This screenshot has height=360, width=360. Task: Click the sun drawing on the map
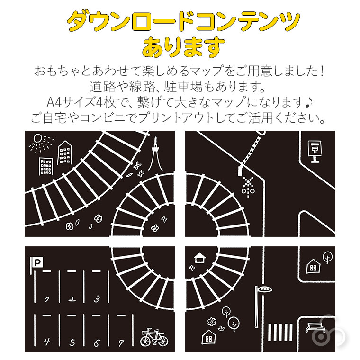[37, 140]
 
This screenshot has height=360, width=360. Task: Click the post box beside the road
[314, 150]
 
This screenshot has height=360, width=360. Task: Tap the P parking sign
[35, 261]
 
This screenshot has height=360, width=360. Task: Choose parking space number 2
[72, 299]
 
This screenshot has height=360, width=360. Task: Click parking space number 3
[97, 298]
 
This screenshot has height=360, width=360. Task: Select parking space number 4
[46, 341]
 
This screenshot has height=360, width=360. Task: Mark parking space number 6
[97, 341]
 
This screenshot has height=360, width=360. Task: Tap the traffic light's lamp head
[264, 288]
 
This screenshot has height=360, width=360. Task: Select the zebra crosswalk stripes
[277, 332]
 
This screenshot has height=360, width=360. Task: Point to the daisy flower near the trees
[212, 322]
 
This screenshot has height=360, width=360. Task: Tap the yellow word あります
[183, 46]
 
